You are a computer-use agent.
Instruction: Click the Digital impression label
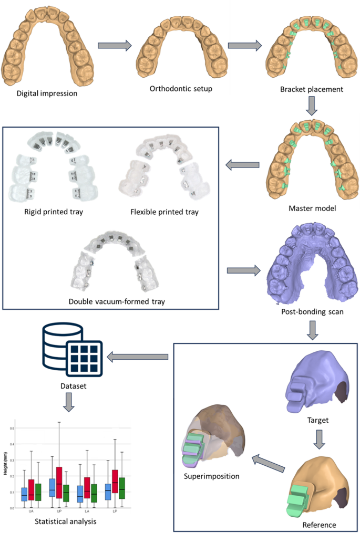[47, 94]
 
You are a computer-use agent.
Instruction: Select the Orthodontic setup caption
[181, 88]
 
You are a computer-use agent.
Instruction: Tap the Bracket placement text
[312, 89]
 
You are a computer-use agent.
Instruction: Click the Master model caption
[312, 208]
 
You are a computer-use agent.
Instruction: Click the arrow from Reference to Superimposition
[266, 465]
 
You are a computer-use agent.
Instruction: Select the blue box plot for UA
[24, 494]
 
